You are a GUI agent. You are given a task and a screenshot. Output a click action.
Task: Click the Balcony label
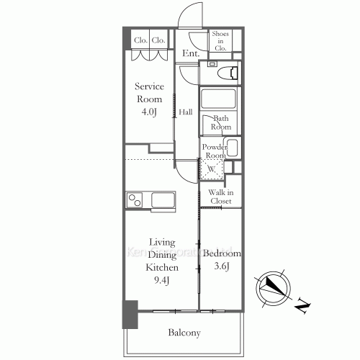click(x=184, y=333)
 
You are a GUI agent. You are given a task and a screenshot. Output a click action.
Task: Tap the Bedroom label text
click(x=222, y=254)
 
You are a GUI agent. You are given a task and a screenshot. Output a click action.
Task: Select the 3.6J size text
click(x=221, y=268)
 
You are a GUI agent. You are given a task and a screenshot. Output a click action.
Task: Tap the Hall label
click(x=186, y=112)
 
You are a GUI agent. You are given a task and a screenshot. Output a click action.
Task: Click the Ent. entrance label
click(x=190, y=53)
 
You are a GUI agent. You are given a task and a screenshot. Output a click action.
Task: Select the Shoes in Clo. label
click(x=220, y=40)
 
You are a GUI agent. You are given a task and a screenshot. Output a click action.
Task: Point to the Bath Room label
click(x=220, y=122)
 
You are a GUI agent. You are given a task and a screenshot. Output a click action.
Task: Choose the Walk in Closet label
click(x=220, y=197)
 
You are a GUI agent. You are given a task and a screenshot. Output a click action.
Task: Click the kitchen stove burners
click(x=135, y=199)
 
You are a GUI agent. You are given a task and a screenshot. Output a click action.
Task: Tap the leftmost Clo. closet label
click(x=140, y=41)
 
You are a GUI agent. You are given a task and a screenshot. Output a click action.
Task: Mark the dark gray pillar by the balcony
click(x=130, y=314)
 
